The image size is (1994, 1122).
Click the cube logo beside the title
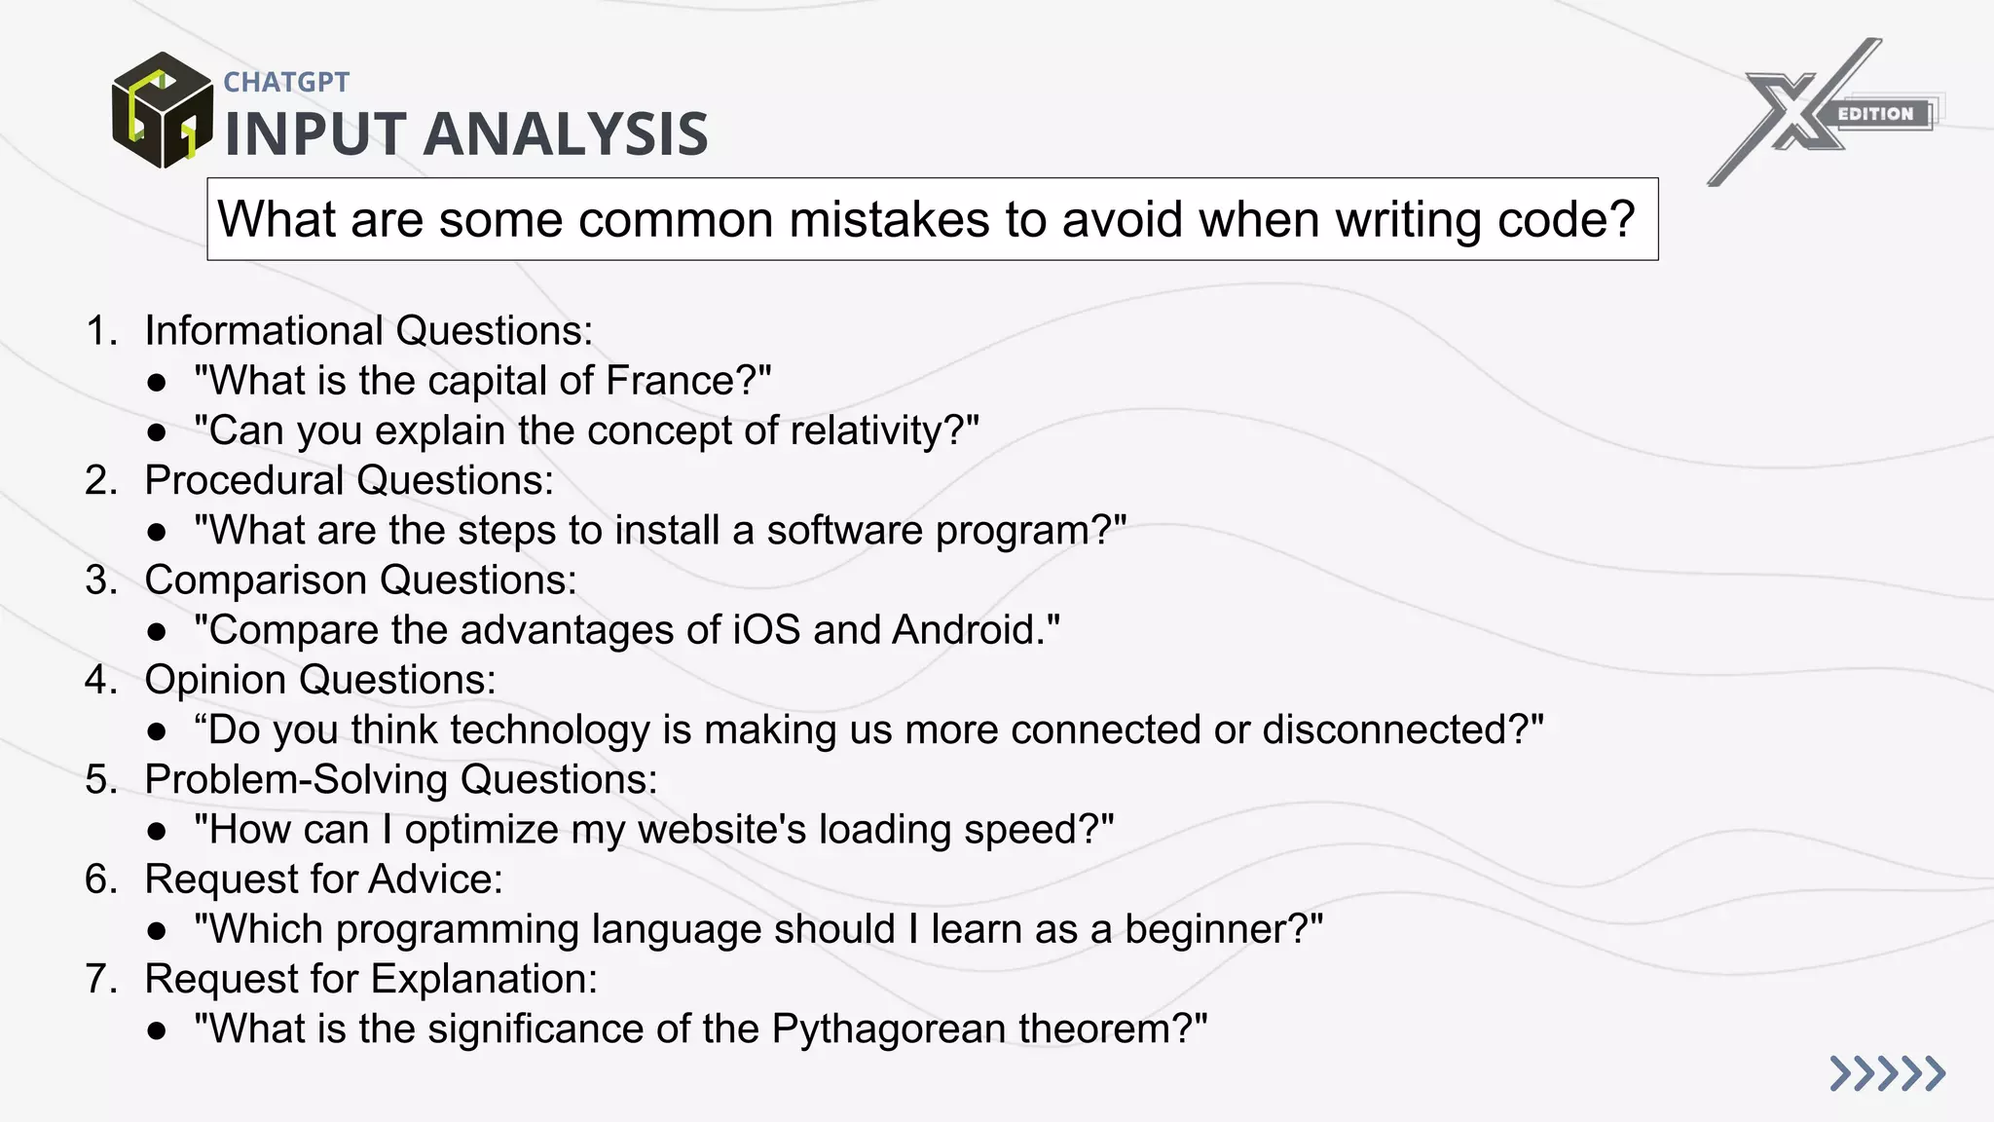(x=162, y=110)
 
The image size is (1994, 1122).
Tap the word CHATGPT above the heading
(x=286, y=82)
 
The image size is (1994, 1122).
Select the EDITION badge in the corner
(x=1875, y=114)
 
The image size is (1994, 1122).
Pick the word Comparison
(x=255, y=580)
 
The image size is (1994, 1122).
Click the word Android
(x=967, y=629)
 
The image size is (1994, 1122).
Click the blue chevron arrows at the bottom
(x=1886, y=1073)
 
